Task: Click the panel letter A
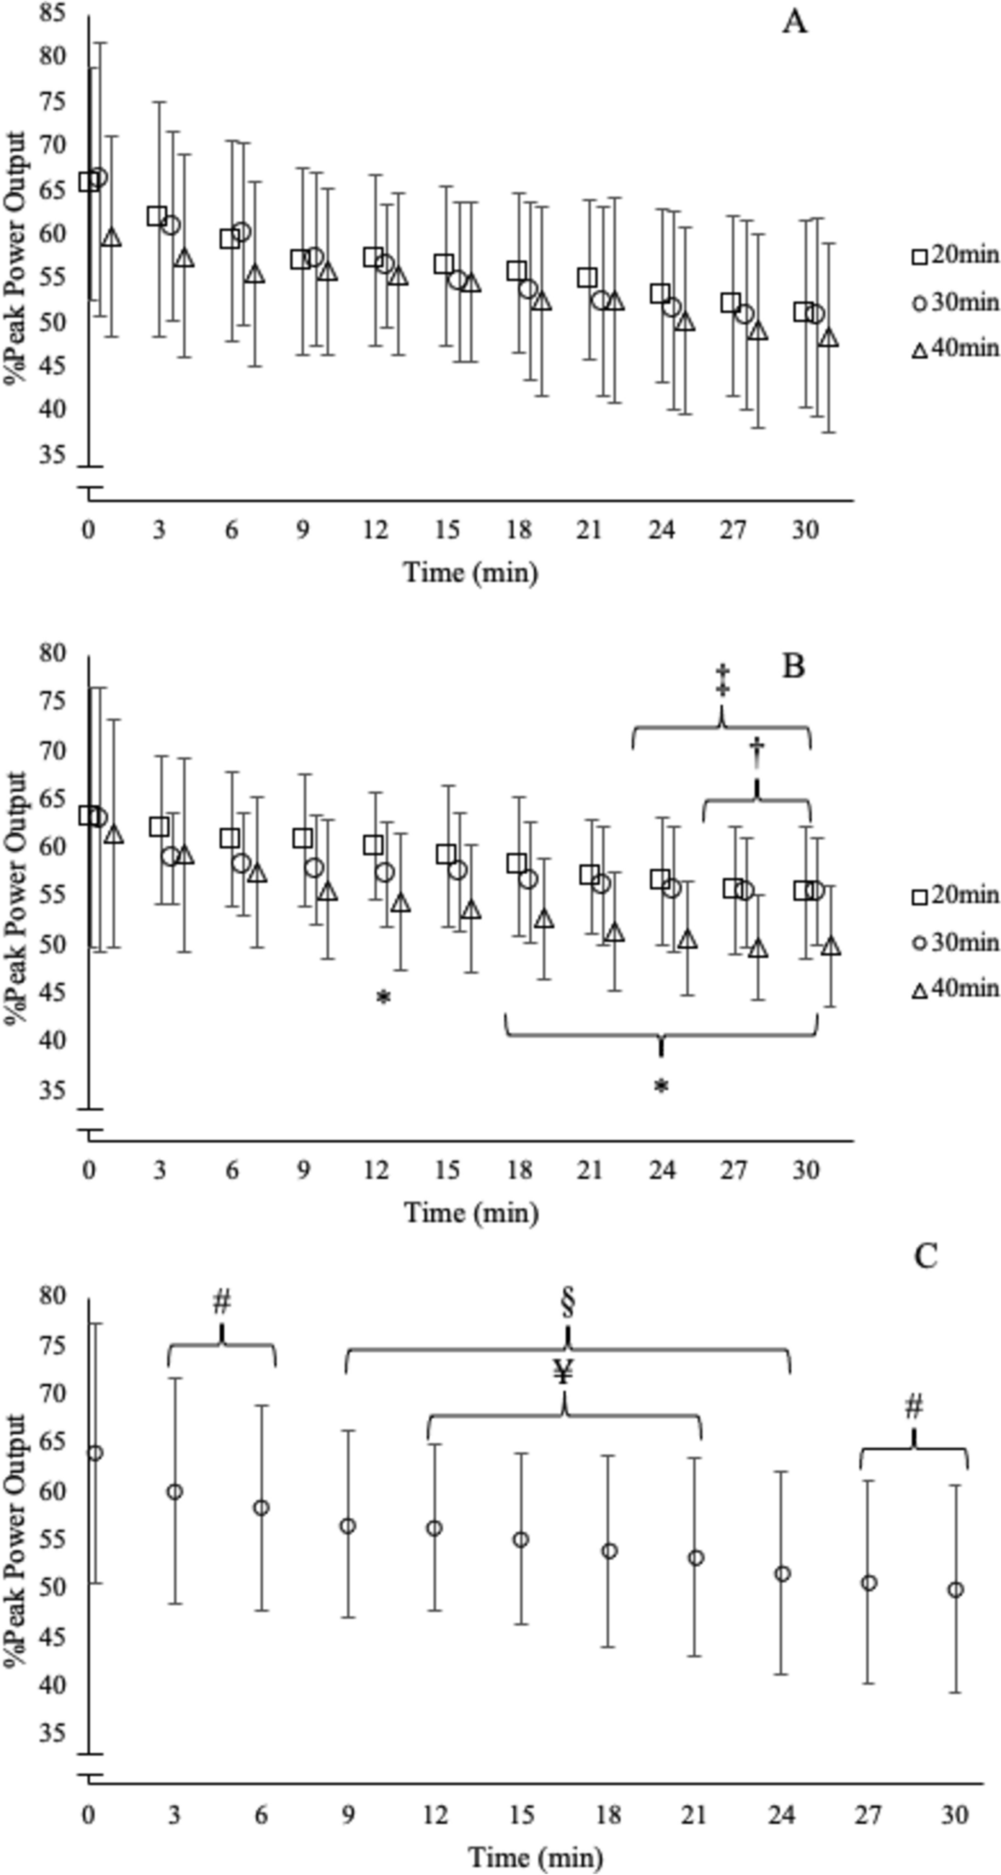[x=794, y=23]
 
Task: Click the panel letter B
[x=793, y=666]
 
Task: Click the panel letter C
[x=925, y=1256]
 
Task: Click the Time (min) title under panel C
[x=535, y=1856]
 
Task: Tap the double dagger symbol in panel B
[x=722, y=679]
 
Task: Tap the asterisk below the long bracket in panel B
[x=661, y=1087]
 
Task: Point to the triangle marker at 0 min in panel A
[x=110, y=237]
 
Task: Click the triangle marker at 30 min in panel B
[x=831, y=947]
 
